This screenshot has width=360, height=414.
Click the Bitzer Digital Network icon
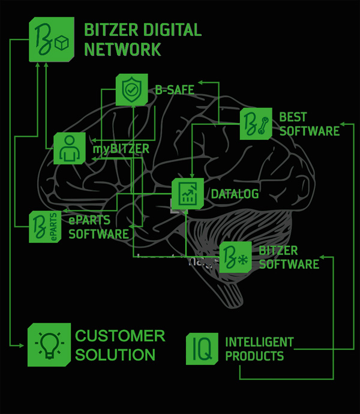point(51,40)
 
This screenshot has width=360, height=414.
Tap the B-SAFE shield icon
point(132,90)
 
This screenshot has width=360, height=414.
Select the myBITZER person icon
point(70,148)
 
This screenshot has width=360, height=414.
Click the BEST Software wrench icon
point(257,124)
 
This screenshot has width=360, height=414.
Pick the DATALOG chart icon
point(188,193)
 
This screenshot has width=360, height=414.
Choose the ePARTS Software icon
point(45,227)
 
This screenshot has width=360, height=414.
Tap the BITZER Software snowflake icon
point(235,257)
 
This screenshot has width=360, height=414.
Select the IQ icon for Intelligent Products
point(202,349)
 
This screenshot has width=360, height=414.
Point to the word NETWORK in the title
point(122,49)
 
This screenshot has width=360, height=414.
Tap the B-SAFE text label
point(175,91)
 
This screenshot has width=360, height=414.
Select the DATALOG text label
point(235,194)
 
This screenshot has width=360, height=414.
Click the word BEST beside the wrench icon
point(293,116)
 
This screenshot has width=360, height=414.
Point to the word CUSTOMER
point(120,335)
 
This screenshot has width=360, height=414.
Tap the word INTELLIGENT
point(259,342)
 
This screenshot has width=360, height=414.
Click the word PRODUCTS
point(254,356)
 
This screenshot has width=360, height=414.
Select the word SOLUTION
point(115,354)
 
